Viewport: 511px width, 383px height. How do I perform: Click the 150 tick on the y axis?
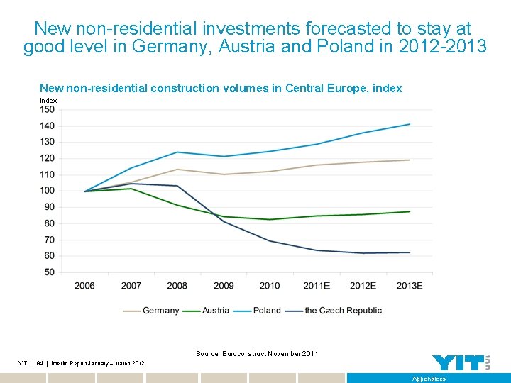[x=48, y=110]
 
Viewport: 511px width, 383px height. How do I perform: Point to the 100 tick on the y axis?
[x=48, y=191]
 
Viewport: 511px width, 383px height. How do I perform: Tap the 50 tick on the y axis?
[x=48, y=272]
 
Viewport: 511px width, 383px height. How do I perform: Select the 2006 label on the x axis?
[x=84, y=286]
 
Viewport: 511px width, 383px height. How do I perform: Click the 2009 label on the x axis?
[x=223, y=286]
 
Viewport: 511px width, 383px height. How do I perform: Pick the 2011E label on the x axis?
[x=316, y=286]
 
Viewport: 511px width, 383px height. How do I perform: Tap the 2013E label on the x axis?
[x=409, y=286]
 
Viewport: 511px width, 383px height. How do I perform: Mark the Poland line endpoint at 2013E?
[x=410, y=124]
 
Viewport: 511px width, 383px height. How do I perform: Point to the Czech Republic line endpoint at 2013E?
[x=410, y=252]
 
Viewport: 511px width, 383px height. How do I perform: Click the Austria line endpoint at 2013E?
[x=410, y=211]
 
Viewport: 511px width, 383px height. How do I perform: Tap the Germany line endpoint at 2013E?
[x=410, y=160]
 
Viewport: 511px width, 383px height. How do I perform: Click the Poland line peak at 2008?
[x=177, y=152]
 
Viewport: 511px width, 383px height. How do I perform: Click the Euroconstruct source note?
[x=257, y=353]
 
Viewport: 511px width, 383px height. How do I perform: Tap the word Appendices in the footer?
[x=429, y=379]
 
